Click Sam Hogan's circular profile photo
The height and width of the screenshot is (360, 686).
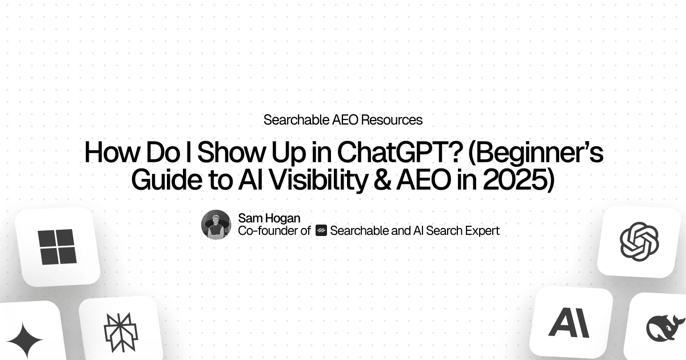pos(216,224)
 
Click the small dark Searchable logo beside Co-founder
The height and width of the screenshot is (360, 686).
pos(321,231)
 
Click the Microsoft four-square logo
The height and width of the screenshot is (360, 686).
pos(56,246)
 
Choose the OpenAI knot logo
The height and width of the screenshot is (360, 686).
pos(639,241)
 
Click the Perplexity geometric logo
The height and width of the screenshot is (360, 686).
pos(117,331)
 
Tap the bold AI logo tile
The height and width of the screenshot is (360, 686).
pos(569,323)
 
